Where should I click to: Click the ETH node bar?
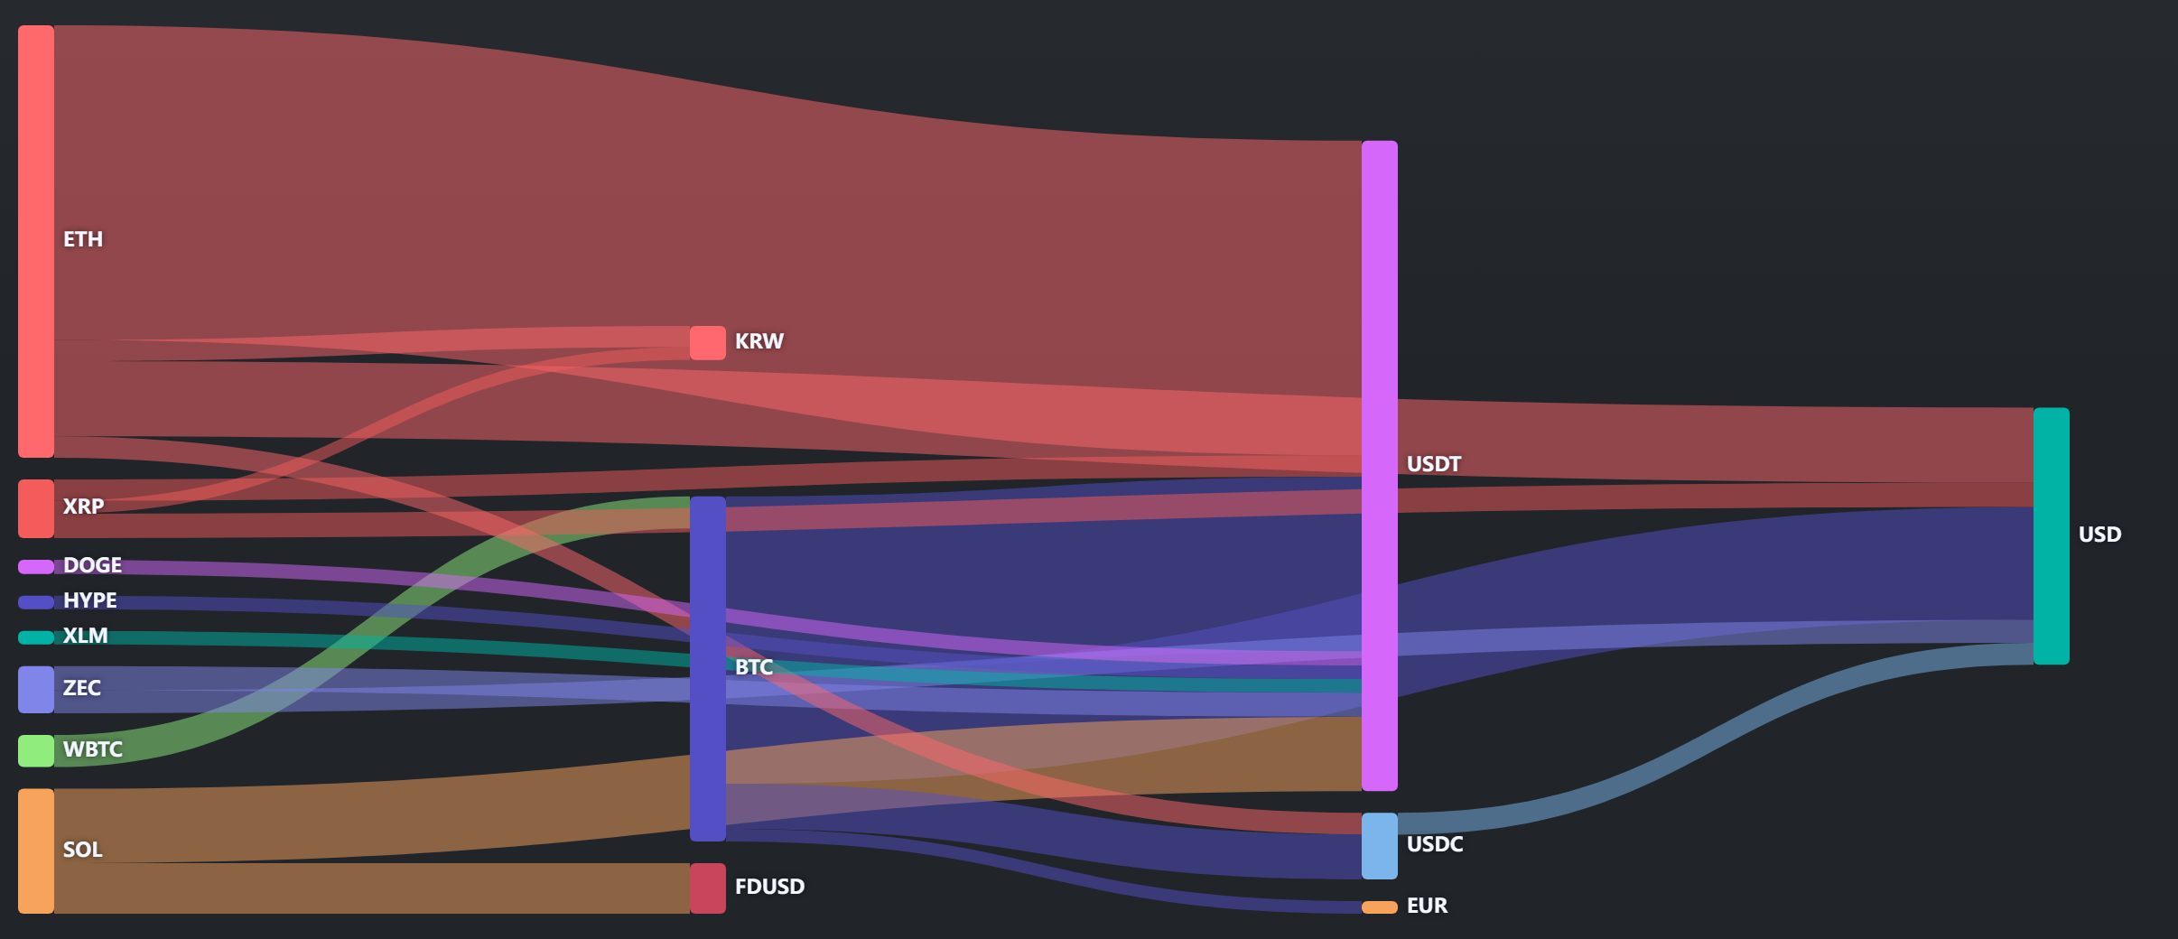(36, 241)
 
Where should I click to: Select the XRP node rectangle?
(36, 508)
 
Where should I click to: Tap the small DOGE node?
(36, 566)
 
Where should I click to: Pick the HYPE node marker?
(36, 602)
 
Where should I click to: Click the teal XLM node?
(36, 637)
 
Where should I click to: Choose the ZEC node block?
(36, 690)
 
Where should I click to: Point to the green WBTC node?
(36, 750)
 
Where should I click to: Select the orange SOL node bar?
(36, 851)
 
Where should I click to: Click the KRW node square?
(708, 343)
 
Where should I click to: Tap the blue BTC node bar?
(708, 669)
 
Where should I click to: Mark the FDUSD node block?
(708, 888)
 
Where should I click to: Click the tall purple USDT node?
(1380, 466)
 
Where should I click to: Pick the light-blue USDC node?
(1380, 846)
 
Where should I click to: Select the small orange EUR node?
(1380, 906)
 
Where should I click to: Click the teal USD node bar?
(2052, 536)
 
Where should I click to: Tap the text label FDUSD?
(769, 887)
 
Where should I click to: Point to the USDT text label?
(1434, 464)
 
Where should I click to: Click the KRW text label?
(759, 341)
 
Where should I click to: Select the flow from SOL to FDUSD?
(372, 888)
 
